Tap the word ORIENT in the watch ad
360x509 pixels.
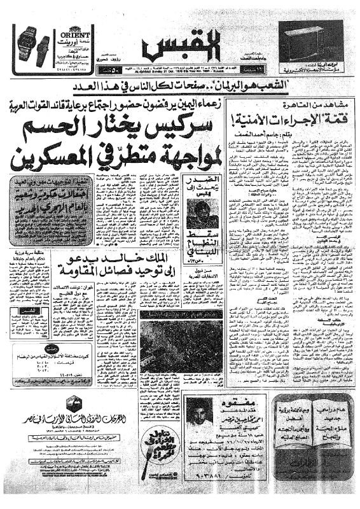pyautogui.click(x=70, y=29)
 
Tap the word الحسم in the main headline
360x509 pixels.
pyautogui.click(x=95, y=123)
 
